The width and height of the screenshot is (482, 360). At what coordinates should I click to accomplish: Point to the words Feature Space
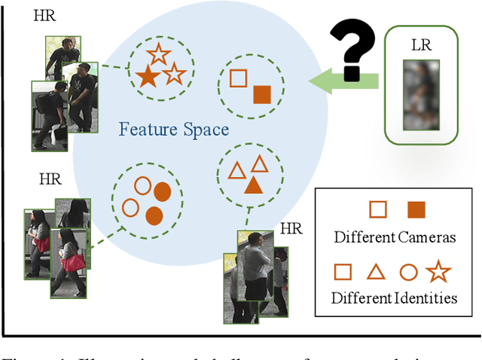(x=174, y=130)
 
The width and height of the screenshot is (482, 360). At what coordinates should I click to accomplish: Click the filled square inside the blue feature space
(x=261, y=94)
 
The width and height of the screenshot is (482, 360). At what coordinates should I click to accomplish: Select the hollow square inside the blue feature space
(x=238, y=78)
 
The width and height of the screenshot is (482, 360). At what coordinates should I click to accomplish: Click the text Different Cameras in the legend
(x=395, y=237)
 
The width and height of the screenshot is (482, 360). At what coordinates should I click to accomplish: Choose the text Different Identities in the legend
(x=395, y=297)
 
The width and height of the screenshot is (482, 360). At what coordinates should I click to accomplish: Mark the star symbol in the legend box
(x=438, y=270)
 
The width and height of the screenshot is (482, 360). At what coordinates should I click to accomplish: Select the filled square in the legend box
(x=416, y=209)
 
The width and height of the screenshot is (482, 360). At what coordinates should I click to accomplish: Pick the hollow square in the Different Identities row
(x=343, y=271)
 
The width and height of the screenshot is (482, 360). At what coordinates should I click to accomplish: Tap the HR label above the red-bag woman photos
(x=50, y=180)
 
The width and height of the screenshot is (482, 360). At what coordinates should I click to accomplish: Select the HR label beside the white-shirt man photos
(x=291, y=228)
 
